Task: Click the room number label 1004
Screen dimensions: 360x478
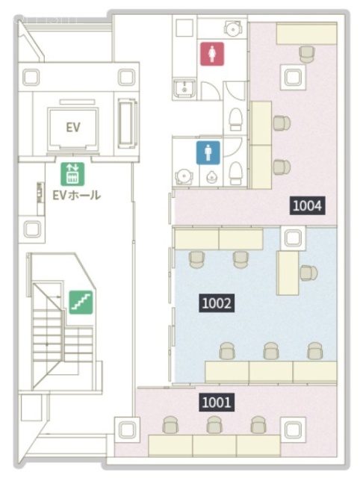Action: click(x=307, y=206)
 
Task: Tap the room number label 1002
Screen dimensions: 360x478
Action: click(x=217, y=303)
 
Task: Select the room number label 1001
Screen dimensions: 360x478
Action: click(x=217, y=402)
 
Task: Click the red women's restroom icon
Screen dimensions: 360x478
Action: click(x=212, y=54)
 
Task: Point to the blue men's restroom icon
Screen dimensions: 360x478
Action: click(x=208, y=152)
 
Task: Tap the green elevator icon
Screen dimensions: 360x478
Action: click(x=72, y=174)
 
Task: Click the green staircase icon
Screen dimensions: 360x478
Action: click(x=81, y=302)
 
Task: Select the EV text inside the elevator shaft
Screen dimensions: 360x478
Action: click(x=73, y=127)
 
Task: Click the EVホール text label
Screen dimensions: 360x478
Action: click(x=76, y=195)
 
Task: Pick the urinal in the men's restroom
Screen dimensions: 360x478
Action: click(x=212, y=177)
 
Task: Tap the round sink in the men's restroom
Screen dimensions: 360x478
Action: click(x=184, y=176)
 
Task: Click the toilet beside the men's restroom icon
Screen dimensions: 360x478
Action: click(x=235, y=173)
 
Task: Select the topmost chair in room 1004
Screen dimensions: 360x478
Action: click(x=306, y=55)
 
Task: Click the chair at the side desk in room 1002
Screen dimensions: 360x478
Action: click(x=308, y=273)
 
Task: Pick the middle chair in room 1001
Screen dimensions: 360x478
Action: click(x=214, y=425)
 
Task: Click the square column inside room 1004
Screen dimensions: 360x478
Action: click(x=293, y=77)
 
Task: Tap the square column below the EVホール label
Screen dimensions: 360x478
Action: click(x=32, y=229)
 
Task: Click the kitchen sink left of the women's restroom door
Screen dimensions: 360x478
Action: click(x=184, y=87)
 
